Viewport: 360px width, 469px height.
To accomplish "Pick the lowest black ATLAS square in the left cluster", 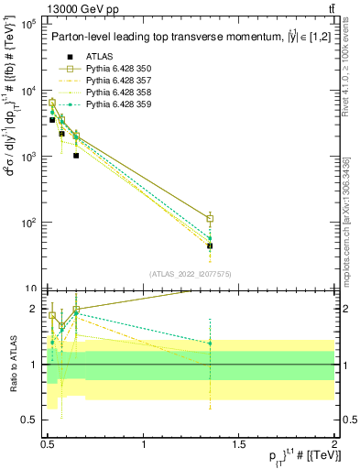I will point(76,156).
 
